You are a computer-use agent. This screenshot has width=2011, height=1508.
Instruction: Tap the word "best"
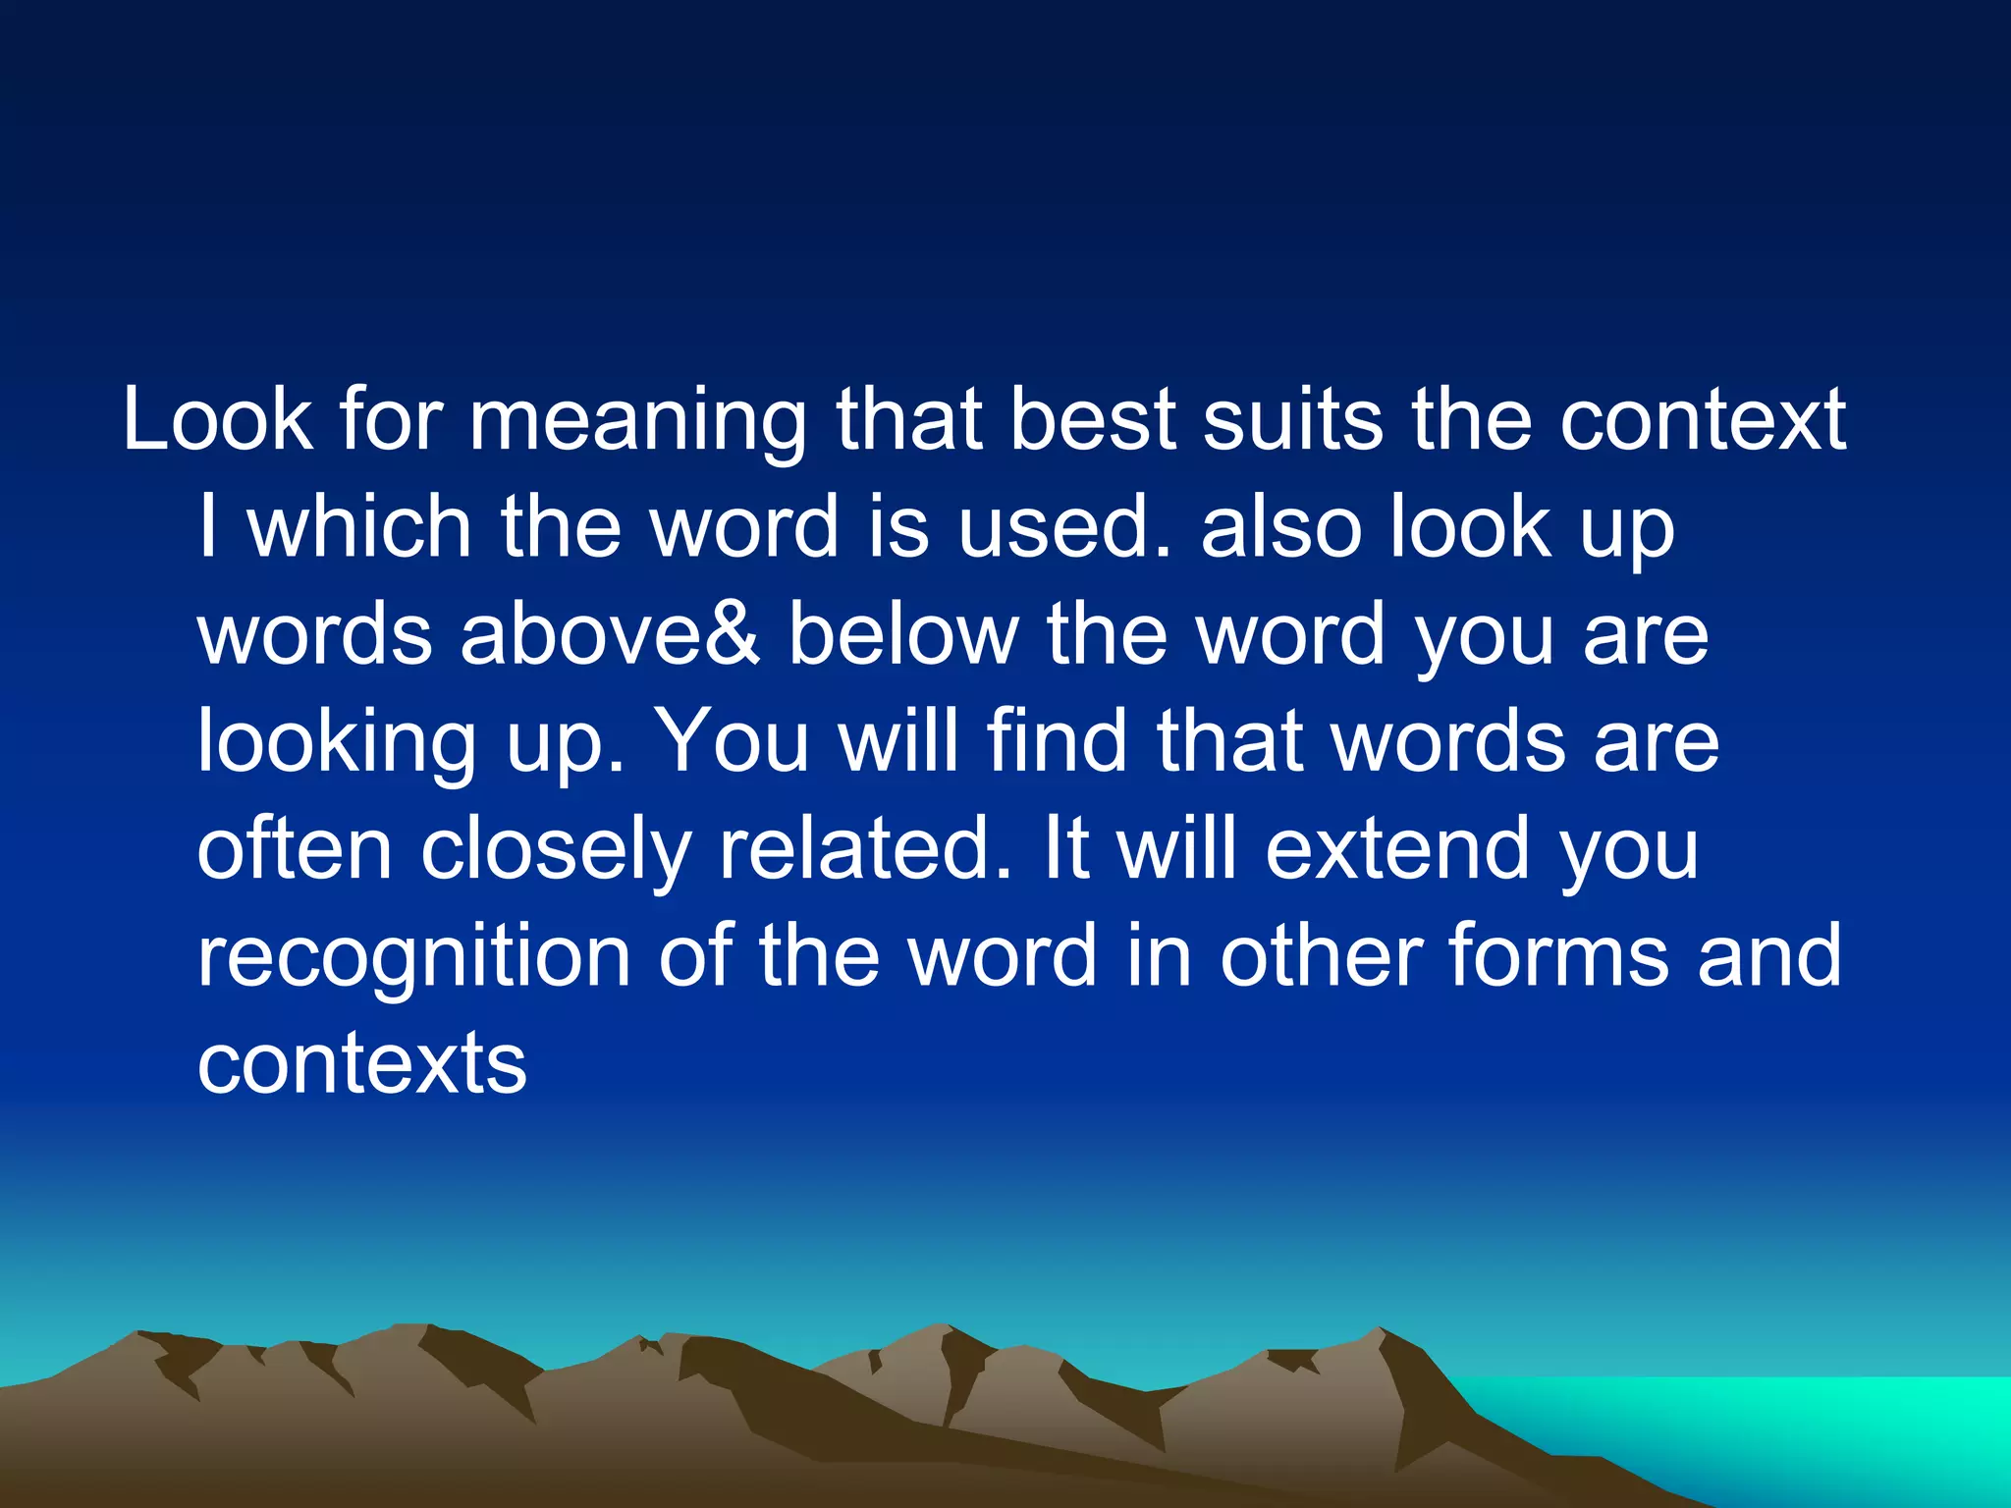(1092, 420)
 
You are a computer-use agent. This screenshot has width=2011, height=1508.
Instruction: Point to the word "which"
(359, 527)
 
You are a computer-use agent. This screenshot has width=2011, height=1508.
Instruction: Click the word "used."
(1064, 527)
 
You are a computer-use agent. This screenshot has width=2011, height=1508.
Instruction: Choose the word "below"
(903, 634)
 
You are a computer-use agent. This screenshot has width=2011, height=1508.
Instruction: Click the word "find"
(1056, 741)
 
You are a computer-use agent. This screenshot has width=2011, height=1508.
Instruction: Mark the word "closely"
(556, 850)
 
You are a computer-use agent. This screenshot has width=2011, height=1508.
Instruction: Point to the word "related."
(864, 848)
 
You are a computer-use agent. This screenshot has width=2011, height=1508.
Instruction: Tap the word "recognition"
(413, 957)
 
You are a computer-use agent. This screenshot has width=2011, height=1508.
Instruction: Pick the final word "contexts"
(361, 1063)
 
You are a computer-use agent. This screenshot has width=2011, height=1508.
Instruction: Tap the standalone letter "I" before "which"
(207, 527)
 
